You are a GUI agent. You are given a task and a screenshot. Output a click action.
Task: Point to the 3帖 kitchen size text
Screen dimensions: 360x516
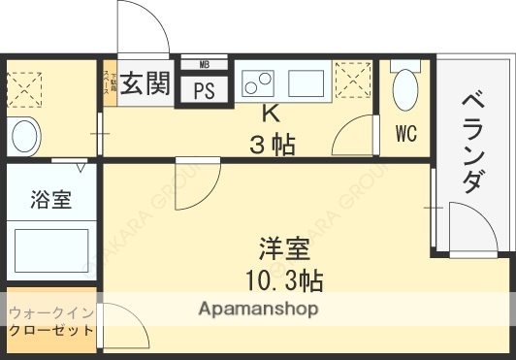tap(272, 146)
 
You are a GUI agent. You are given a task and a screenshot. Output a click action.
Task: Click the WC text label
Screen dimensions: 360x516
tap(405, 134)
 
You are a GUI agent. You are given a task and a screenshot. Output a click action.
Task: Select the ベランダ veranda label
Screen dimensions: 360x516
tap(472, 143)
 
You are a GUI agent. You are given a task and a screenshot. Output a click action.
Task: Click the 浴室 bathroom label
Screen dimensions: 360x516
tap(51, 201)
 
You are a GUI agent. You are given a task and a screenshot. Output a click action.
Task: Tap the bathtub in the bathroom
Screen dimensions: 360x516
tap(52, 249)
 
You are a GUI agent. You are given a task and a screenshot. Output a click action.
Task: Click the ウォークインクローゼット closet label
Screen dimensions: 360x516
tap(52, 321)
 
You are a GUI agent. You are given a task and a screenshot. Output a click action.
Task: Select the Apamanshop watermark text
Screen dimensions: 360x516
tap(259, 310)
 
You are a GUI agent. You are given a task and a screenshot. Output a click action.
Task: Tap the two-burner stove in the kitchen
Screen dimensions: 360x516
tap(259, 82)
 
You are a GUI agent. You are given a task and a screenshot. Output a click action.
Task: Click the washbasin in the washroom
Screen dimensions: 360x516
tap(26, 133)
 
